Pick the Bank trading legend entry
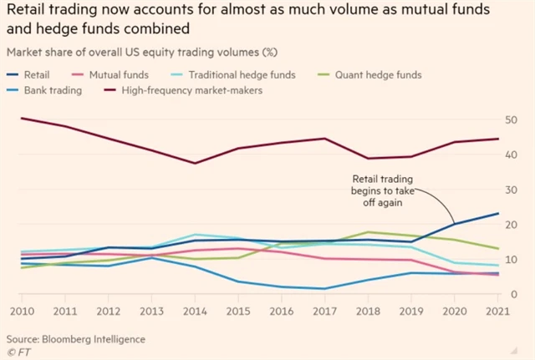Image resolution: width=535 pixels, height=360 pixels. click(x=49, y=89)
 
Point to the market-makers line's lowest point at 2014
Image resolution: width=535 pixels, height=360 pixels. click(x=196, y=163)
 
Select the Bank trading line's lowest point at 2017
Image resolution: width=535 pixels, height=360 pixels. click(x=324, y=289)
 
